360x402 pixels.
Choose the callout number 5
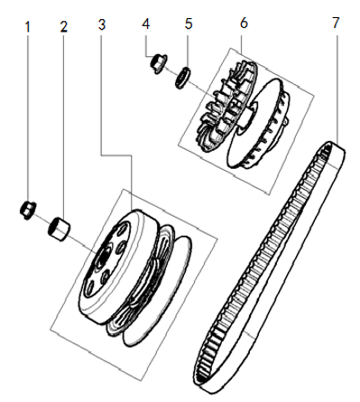click(188, 23)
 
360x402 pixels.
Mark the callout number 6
click(243, 23)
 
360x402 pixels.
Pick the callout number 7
click(335, 23)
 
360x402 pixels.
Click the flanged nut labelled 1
click(28, 211)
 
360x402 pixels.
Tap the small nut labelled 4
click(155, 63)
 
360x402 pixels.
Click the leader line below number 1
click(28, 117)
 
